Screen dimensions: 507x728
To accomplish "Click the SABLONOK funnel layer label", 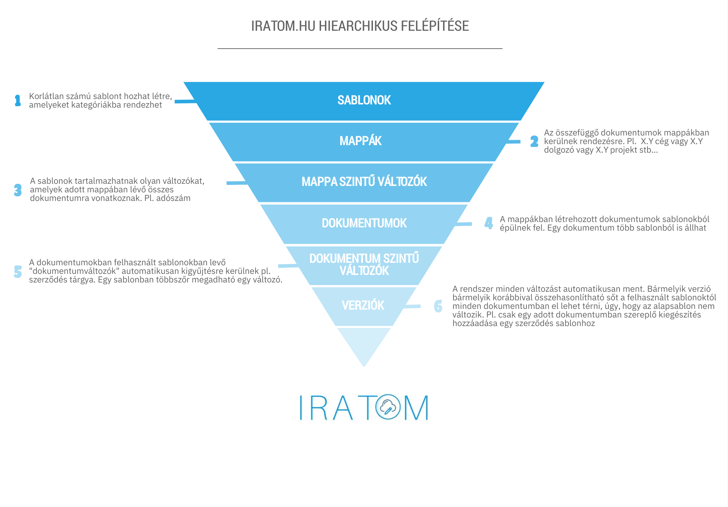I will click(x=364, y=100).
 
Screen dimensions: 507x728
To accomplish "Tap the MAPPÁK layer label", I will click(x=360, y=141).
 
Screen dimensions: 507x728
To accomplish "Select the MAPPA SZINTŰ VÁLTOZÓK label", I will click(x=364, y=182).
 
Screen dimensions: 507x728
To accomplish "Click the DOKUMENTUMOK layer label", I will click(x=364, y=223).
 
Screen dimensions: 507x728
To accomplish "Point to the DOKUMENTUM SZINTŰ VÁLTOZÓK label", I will click(x=364, y=265).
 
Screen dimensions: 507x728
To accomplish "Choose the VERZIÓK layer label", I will click(x=363, y=306).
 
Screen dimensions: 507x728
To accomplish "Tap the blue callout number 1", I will click(x=18, y=100).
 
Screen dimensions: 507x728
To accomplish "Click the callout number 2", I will click(x=534, y=142).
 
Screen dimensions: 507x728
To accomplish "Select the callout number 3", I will click(x=18, y=190).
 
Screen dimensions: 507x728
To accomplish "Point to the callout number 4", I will click(x=489, y=223).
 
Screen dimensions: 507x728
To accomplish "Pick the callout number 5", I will click(x=18, y=272).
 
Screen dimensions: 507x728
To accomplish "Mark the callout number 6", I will click(x=438, y=306).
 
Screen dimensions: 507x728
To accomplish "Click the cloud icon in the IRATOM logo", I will click(x=388, y=407).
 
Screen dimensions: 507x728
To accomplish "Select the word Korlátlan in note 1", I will click(x=47, y=96).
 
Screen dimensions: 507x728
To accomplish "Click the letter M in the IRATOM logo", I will click(x=416, y=408).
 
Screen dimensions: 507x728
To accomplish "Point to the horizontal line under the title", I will click(x=360, y=49).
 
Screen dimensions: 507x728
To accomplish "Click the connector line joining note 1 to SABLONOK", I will click(x=185, y=102).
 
